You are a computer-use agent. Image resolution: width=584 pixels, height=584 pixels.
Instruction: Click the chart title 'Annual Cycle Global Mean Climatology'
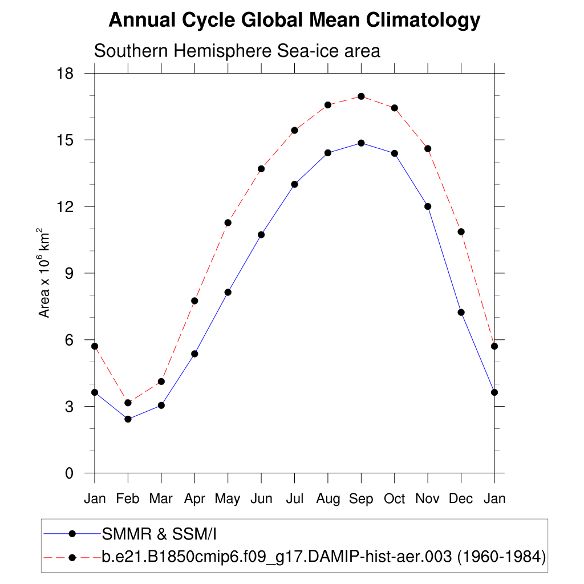click(x=294, y=21)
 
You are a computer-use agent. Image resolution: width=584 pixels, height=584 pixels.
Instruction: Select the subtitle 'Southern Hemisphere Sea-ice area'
click(x=237, y=51)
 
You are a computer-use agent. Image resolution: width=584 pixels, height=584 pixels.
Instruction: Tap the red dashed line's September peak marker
click(x=361, y=96)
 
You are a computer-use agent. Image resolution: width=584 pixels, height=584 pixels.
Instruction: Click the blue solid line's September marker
click(x=361, y=143)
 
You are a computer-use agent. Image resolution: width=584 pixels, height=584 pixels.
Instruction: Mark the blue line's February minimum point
click(x=128, y=419)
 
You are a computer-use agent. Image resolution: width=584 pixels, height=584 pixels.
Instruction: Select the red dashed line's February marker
click(x=128, y=403)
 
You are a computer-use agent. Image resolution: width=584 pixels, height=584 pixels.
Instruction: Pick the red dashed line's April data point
click(x=194, y=301)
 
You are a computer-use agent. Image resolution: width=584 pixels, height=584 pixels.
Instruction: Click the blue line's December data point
click(x=461, y=312)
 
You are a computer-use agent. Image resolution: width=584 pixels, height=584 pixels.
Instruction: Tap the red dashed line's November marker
click(x=428, y=149)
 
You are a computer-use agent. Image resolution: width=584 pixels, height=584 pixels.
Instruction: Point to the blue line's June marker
click(x=261, y=234)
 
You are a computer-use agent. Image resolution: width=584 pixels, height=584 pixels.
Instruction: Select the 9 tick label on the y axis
click(x=70, y=273)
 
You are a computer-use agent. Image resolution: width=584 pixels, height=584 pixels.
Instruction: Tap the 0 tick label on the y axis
click(x=70, y=473)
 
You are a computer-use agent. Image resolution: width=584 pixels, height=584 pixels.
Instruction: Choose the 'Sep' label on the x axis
click(x=361, y=499)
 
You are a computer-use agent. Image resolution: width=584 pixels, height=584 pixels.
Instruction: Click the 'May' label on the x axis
click(x=228, y=499)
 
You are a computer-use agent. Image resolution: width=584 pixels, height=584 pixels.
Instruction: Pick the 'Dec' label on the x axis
click(x=461, y=499)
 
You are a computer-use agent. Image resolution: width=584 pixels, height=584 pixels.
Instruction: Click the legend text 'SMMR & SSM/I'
click(x=160, y=534)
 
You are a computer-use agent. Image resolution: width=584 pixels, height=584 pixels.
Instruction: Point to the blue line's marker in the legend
click(x=72, y=534)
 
